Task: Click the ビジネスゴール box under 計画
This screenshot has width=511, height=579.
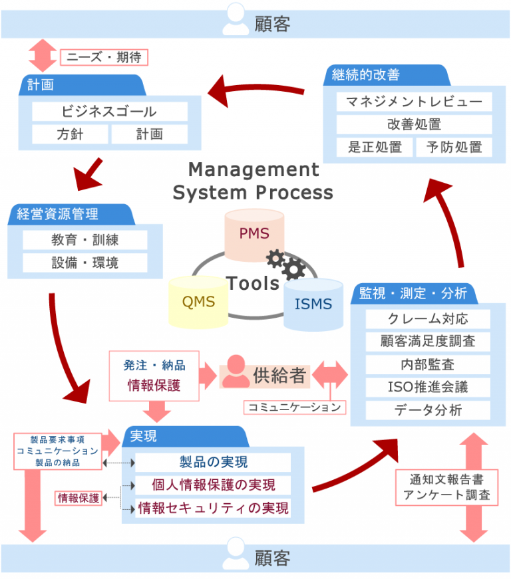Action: click(x=109, y=111)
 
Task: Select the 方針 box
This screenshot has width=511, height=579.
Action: click(x=70, y=134)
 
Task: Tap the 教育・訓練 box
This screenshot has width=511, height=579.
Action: click(x=85, y=239)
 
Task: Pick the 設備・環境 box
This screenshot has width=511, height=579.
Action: click(x=85, y=263)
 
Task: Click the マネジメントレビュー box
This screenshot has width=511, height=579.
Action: click(x=414, y=102)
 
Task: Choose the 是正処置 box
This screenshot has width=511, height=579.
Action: click(x=375, y=147)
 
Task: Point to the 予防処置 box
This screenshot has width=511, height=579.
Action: click(x=454, y=147)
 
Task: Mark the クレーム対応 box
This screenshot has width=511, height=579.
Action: click(x=427, y=318)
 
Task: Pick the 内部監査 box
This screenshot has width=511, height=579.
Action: click(x=427, y=364)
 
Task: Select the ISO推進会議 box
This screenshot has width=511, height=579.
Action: click(x=427, y=387)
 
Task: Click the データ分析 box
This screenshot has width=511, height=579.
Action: click(x=427, y=409)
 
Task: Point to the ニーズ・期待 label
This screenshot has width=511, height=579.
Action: click(x=104, y=57)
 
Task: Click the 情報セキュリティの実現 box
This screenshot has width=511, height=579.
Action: click(x=213, y=509)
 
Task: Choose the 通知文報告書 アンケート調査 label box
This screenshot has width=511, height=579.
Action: click(x=446, y=487)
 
